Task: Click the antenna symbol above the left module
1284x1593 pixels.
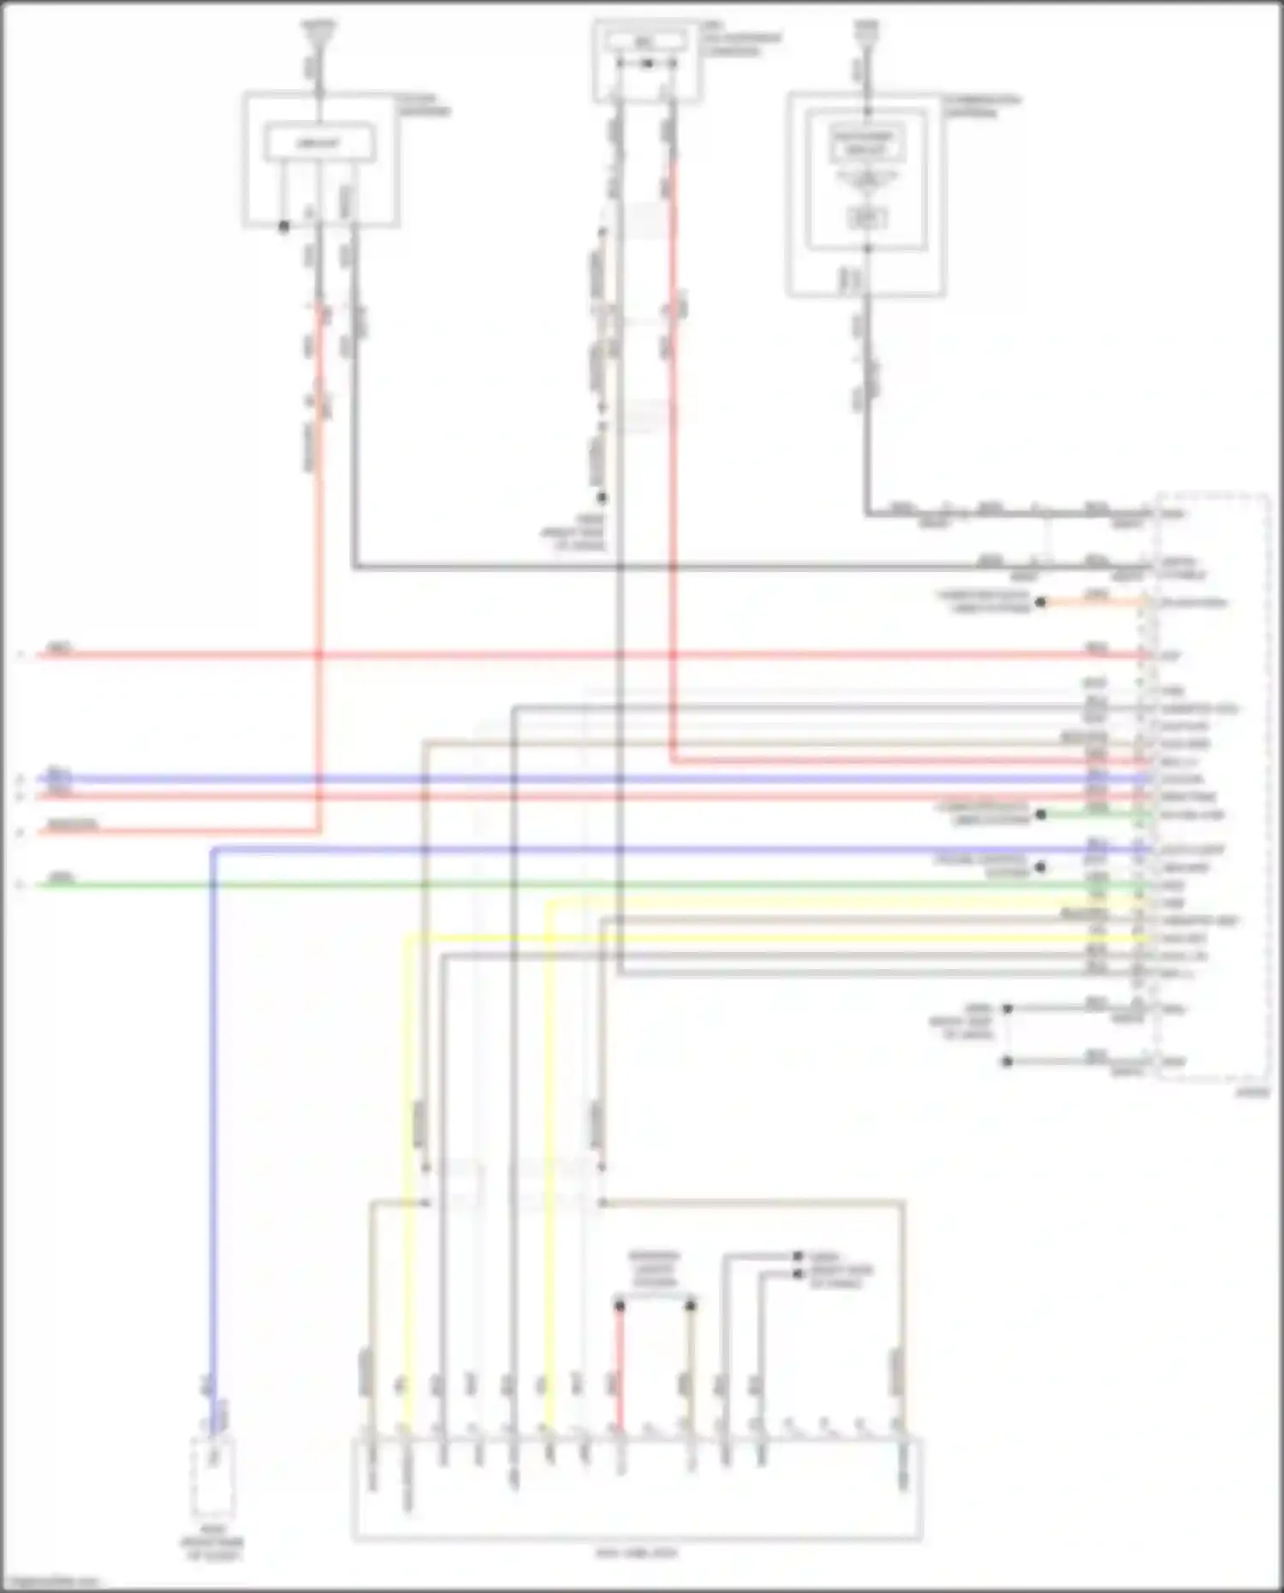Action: (x=318, y=33)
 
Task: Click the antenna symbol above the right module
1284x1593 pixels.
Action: (x=866, y=33)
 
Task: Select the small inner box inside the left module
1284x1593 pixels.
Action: (x=318, y=142)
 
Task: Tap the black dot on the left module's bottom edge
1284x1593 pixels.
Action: (x=284, y=226)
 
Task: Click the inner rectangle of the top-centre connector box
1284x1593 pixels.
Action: (x=647, y=40)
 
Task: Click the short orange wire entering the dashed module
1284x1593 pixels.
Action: (x=1091, y=603)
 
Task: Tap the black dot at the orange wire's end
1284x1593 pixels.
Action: (x=1041, y=603)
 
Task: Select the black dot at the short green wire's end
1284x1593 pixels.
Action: (x=1041, y=814)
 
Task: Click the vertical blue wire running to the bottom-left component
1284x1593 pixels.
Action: (x=212, y=1113)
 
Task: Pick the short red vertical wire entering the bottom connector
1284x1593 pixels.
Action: (x=620, y=1361)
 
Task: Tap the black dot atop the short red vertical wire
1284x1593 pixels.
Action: (x=620, y=1305)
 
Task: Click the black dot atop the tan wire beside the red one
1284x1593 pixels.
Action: (x=691, y=1305)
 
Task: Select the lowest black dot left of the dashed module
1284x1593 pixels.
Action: (x=1008, y=1061)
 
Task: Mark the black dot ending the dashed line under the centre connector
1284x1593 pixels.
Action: (x=602, y=497)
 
